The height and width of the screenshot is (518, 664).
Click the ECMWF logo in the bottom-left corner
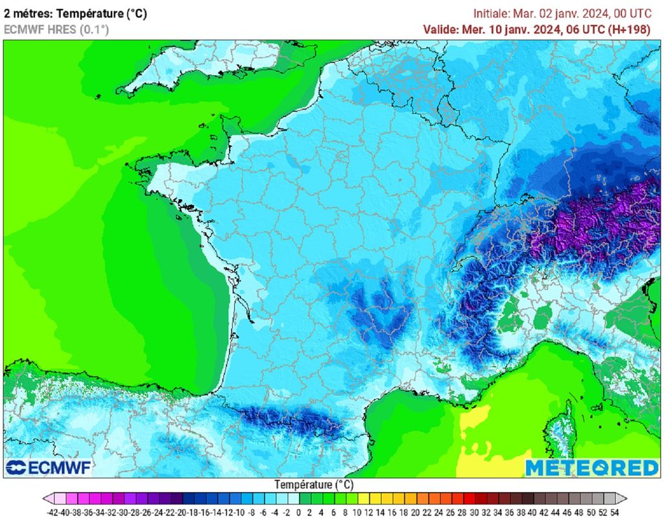click(48, 467)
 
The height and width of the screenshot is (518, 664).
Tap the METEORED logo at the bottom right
click(591, 467)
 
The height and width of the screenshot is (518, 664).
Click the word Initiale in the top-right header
click(492, 14)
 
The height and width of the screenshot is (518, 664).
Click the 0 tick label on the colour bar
click(299, 512)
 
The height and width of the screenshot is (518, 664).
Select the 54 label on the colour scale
click(614, 512)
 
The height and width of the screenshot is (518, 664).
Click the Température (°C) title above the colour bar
click(313, 484)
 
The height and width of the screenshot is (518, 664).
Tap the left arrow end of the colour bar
click(49, 499)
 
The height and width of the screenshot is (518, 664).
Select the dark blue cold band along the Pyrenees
click(285, 418)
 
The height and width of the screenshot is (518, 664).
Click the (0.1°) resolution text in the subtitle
click(94, 29)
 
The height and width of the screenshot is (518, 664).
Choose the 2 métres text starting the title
click(26, 14)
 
